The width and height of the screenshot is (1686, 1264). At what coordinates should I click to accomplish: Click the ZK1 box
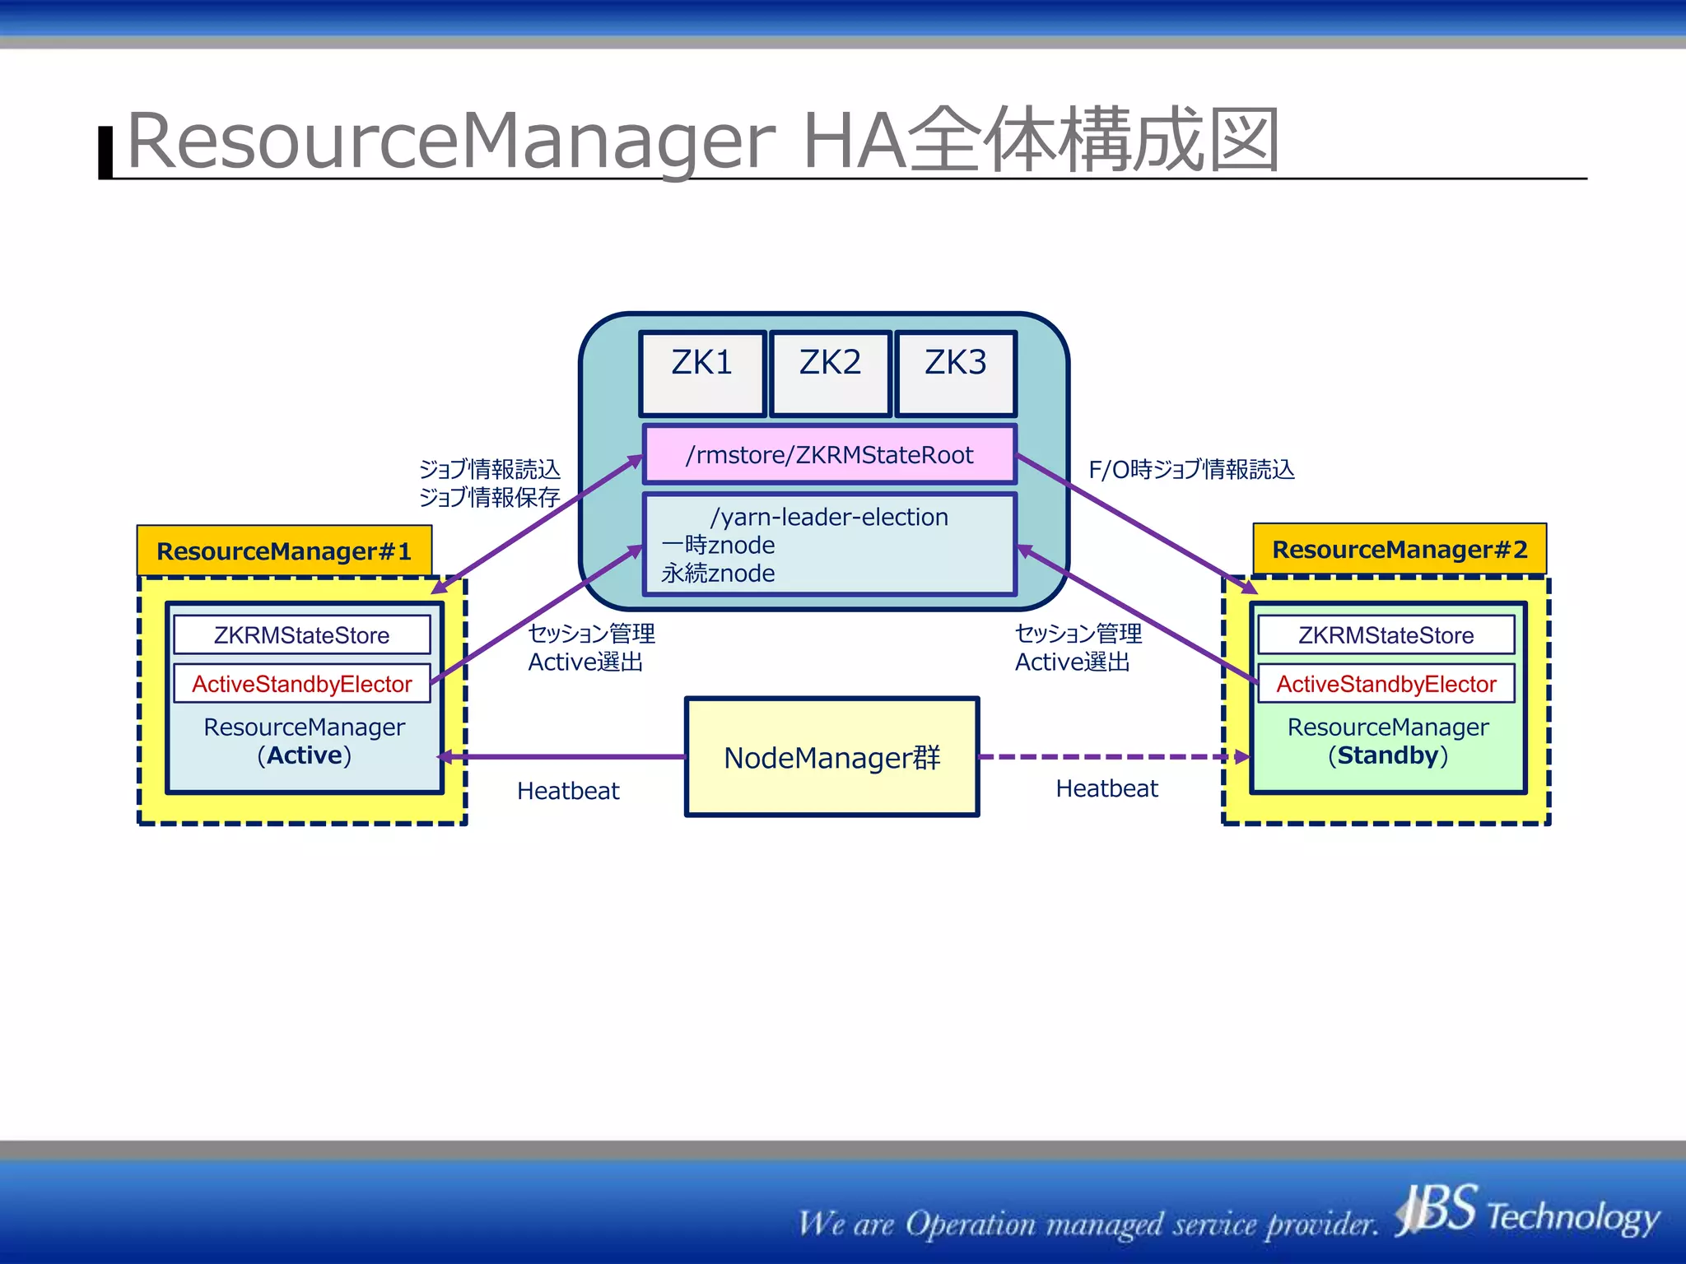point(702,374)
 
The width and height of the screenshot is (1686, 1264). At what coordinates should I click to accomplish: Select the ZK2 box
point(830,374)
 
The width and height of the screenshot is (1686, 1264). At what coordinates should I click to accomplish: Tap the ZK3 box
point(955,374)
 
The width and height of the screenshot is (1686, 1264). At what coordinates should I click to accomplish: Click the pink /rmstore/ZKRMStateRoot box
point(829,454)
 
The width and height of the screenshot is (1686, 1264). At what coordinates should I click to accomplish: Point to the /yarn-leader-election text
point(829,517)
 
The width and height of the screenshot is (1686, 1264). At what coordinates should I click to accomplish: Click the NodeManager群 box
point(831,757)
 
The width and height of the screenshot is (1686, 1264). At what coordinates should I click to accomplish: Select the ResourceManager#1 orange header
point(284,551)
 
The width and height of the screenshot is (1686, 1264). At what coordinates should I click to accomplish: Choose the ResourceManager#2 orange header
point(1400,549)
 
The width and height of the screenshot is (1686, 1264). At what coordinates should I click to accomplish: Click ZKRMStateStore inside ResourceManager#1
point(301,635)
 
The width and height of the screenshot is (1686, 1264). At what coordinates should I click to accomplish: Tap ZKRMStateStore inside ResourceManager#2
point(1386,635)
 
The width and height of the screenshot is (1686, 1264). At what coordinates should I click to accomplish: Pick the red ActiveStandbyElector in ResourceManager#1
point(301,684)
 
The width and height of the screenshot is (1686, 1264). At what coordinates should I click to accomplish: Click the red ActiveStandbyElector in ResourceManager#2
point(1386,684)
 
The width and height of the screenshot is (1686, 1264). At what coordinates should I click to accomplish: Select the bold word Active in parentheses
point(304,755)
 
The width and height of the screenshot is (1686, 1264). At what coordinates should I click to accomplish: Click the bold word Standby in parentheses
point(1388,755)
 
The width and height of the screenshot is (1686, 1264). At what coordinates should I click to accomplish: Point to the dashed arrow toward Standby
point(1111,757)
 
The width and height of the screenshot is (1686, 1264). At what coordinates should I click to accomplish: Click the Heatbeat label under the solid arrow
point(568,791)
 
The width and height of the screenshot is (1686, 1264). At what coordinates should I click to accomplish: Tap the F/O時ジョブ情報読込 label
point(1191,469)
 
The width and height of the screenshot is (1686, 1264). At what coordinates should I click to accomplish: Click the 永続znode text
point(718,574)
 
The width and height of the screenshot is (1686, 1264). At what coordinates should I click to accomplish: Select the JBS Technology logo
point(1527,1211)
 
